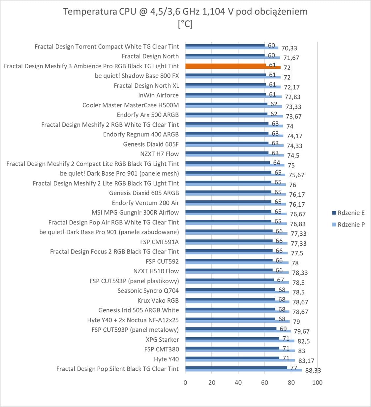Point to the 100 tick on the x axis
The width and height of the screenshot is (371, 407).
coord(317,383)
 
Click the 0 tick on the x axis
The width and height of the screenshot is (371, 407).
coord(185,383)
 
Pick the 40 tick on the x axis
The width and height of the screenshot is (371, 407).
coord(238,383)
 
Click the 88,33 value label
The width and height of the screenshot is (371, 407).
coord(313,370)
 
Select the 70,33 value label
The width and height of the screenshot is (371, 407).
coord(289,48)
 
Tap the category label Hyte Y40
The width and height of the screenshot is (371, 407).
coord(166,359)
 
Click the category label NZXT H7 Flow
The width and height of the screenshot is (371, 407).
coord(159,154)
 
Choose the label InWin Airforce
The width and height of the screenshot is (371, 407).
coord(158,95)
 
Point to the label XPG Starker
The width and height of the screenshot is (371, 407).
coord(162,340)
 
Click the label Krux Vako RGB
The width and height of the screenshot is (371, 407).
coord(158,301)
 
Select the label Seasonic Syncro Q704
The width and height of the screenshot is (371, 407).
coord(148,291)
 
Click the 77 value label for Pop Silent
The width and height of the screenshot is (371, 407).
coord(294,368)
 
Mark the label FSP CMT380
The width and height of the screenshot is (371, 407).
coord(162,349)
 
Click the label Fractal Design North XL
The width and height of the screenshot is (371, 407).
coord(146,85)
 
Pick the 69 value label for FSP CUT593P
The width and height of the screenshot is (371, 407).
coord(283,329)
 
